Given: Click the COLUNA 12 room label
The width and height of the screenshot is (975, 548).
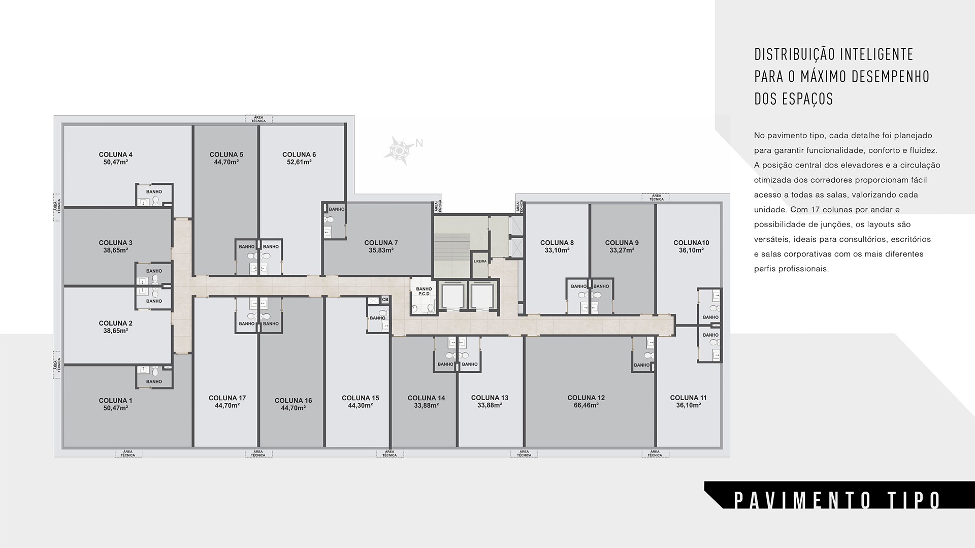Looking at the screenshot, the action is pyautogui.click(x=586, y=398).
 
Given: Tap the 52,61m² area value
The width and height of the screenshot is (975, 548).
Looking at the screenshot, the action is pyautogui.click(x=299, y=162).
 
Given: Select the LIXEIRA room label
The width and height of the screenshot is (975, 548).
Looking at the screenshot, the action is pyautogui.click(x=480, y=262).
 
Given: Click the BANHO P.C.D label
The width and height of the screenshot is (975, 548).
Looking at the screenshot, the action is pyautogui.click(x=424, y=292).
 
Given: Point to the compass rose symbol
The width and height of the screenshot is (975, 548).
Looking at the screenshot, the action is pyautogui.click(x=400, y=150).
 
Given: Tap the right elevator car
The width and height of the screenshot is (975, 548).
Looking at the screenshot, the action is pyautogui.click(x=481, y=296).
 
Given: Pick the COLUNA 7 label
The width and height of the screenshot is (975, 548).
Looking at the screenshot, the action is pyautogui.click(x=381, y=243).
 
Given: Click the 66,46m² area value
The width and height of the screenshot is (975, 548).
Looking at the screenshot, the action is pyautogui.click(x=586, y=405).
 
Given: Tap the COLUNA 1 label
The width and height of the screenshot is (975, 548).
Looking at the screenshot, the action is pyautogui.click(x=115, y=401).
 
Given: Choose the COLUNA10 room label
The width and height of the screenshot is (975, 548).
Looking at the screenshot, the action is pyautogui.click(x=691, y=243).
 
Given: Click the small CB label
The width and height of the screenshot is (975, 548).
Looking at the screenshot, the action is pyautogui.click(x=385, y=300).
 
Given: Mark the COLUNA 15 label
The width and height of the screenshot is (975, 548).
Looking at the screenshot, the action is pyautogui.click(x=361, y=398).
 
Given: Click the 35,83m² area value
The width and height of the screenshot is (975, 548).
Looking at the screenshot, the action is pyautogui.click(x=381, y=250).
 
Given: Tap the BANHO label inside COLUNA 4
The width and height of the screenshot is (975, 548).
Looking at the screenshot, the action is pyautogui.click(x=154, y=192).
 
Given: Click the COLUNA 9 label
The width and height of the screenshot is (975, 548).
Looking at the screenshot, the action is pyautogui.click(x=622, y=243).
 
